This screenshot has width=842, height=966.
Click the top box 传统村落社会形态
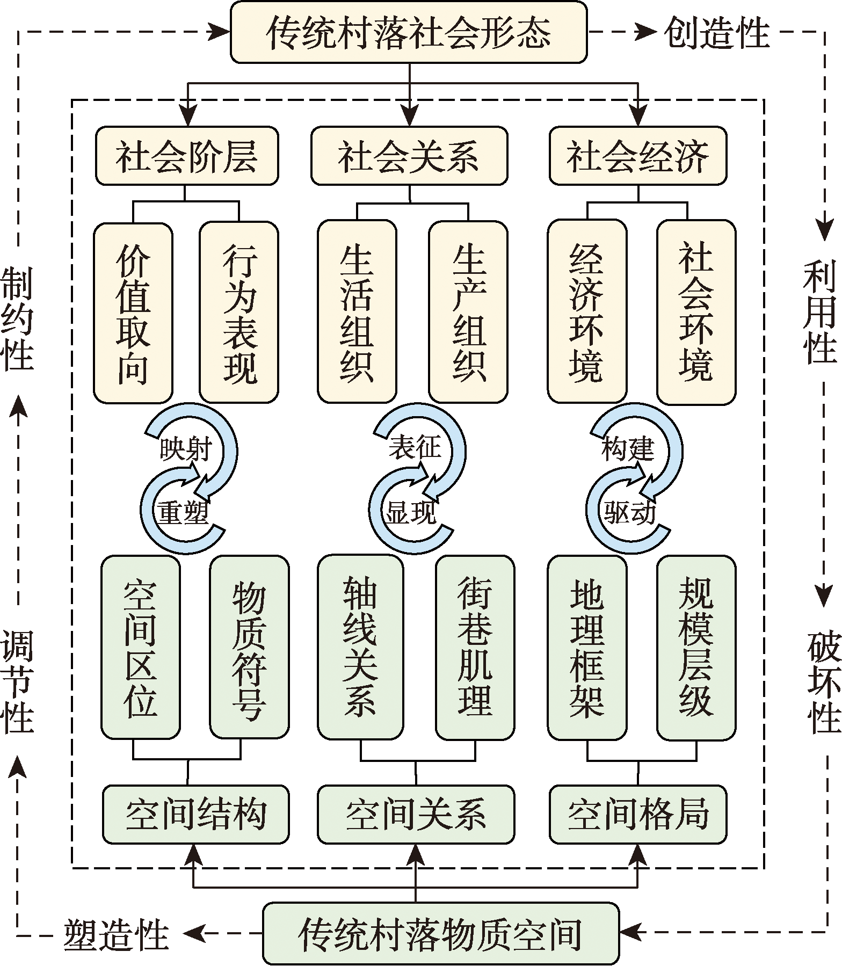point(409,32)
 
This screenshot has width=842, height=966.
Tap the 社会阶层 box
point(187,156)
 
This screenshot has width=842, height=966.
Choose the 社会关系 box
point(409,156)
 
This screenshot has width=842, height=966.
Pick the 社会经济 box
point(638,156)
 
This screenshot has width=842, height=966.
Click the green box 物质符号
point(249,648)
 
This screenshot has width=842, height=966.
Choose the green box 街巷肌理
point(475,648)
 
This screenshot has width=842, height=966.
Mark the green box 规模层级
point(696,648)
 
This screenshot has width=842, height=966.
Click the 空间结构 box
point(195,814)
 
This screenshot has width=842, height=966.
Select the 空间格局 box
point(638,814)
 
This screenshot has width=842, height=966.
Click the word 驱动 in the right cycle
point(629,513)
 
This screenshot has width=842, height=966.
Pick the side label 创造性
point(716,32)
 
